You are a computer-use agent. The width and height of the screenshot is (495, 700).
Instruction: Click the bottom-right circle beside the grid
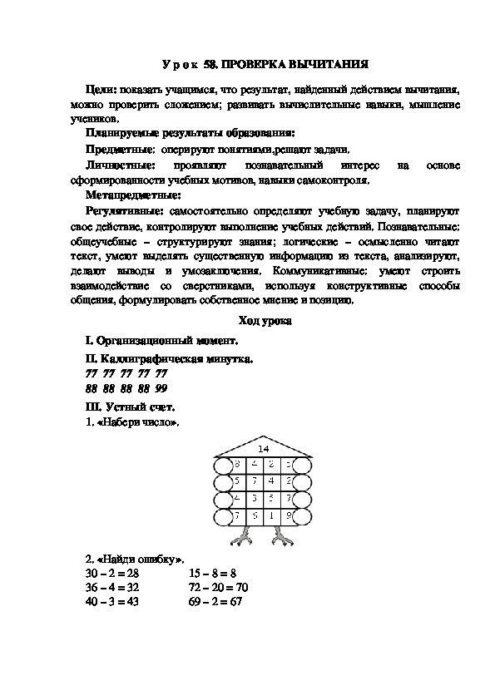pyautogui.click(x=303, y=518)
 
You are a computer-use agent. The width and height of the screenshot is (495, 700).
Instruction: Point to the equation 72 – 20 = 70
pyautogui.click(x=219, y=588)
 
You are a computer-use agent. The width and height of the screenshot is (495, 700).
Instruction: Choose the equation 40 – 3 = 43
pyautogui.click(x=112, y=602)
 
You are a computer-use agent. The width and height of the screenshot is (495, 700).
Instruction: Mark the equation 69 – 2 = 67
pyautogui.click(x=215, y=602)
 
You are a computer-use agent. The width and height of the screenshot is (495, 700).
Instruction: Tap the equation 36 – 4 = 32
pyautogui.click(x=112, y=588)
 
